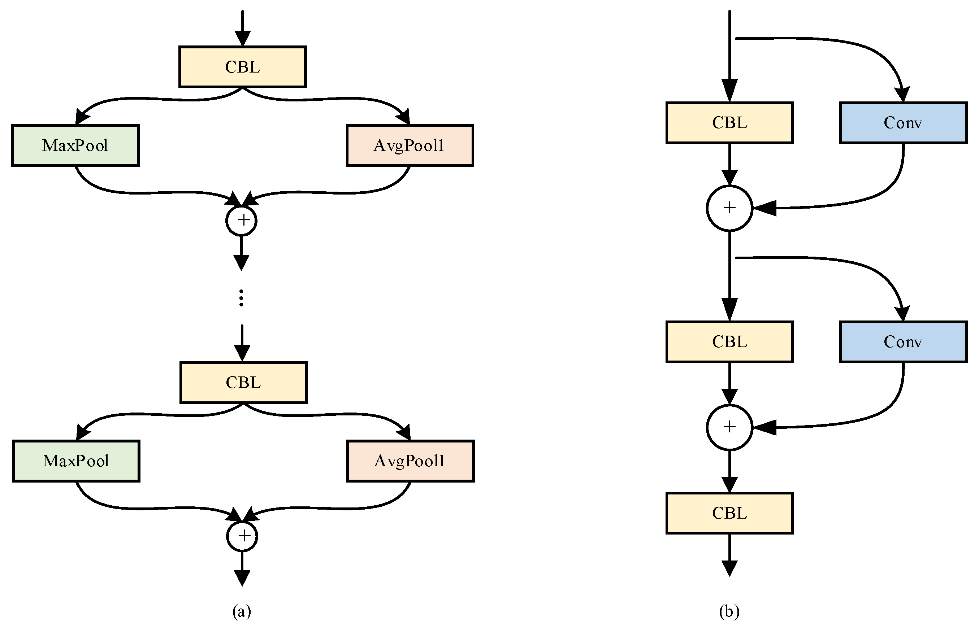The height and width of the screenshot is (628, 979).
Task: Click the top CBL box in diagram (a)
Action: (x=242, y=67)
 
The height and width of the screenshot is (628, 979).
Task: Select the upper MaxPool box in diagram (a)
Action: (x=75, y=145)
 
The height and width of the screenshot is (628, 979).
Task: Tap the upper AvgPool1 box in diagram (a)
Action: (x=410, y=145)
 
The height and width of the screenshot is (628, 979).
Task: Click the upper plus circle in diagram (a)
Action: (x=242, y=221)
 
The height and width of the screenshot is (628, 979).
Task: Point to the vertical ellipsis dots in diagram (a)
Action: (x=242, y=298)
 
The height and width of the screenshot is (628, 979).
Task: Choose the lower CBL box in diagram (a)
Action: (x=243, y=383)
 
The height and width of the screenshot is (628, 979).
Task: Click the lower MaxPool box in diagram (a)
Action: (x=76, y=461)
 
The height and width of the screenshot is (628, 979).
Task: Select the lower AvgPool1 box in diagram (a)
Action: (x=410, y=461)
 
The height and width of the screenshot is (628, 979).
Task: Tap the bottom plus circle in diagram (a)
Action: (x=242, y=536)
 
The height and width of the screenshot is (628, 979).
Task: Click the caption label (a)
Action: (x=242, y=611)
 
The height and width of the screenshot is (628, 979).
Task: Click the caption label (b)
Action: (x=729, y=611)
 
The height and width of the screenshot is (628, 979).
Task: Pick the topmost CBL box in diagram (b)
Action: (x=729, y=123)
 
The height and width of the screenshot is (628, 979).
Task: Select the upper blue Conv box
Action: (x=903, y=123)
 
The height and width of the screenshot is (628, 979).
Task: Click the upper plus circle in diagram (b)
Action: (x=729, y=208)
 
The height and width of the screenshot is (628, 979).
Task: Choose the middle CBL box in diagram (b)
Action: (x=729, y=342)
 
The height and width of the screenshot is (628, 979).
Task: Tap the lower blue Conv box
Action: (x=903, y=342)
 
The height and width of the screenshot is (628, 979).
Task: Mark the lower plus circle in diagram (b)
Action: (x=729, y=427)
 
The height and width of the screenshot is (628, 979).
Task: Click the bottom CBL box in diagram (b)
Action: (x=729, y=513)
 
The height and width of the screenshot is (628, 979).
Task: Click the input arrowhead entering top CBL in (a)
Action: (x=242, y=39)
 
